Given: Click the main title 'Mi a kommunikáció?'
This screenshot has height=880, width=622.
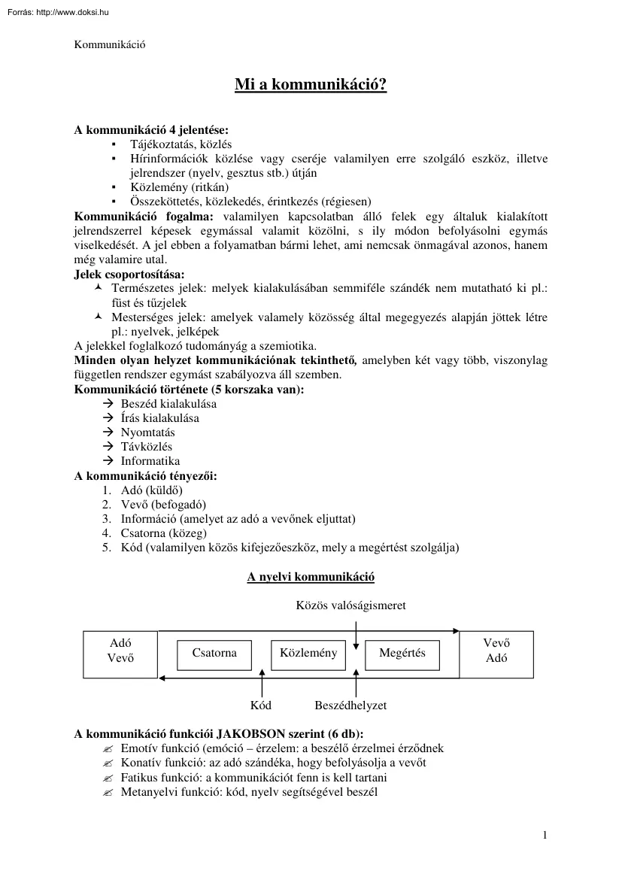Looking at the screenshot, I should click(x=311, y=85).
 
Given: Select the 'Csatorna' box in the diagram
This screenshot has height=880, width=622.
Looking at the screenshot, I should click(x=214, y=654).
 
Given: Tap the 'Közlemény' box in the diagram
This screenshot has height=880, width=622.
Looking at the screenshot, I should click(x=308, y=653).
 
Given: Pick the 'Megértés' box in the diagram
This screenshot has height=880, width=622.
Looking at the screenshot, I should click(x=402, y=654).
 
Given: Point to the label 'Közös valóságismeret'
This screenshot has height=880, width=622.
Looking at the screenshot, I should click(x=351, y=606).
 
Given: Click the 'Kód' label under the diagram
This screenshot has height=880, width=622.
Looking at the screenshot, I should click(x=261, y=706).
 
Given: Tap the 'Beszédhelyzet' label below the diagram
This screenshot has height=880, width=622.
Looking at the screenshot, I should click(x=350, y=706).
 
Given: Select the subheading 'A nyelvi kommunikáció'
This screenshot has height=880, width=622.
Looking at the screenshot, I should click(x=311, y=577).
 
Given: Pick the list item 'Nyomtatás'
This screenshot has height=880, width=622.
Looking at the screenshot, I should click(x=147, y=432).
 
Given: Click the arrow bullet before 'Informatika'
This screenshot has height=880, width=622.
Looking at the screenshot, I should click(x=107, y=461).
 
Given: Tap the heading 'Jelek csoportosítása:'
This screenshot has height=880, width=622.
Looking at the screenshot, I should click(x=129, y=275).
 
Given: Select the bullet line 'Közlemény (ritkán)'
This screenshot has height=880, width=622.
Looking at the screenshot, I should click(x=174, y=187).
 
